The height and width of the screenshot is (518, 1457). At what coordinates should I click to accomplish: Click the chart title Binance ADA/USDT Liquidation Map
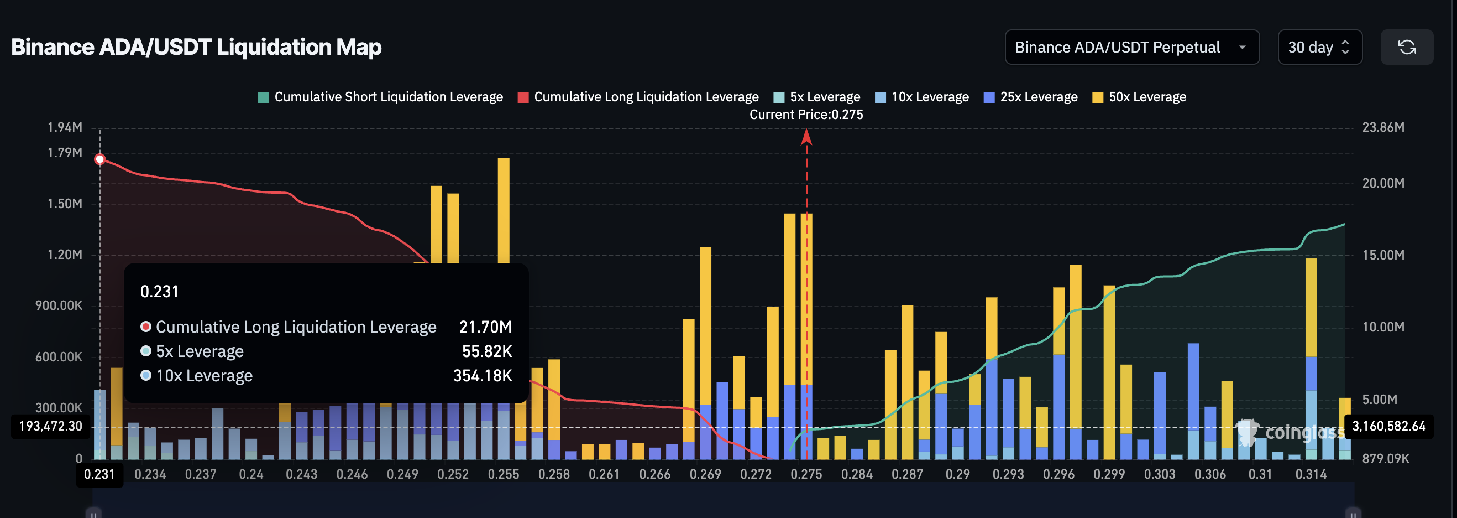click(196, 47)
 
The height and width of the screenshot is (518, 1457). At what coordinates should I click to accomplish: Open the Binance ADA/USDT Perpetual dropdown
click(1131, 47)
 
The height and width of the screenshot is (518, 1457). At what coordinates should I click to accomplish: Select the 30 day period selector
click(1319, 47)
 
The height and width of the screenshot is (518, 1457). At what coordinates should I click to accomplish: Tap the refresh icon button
click(1406, 47)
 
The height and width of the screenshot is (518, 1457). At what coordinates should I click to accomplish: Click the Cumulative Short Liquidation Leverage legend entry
click(380, 97)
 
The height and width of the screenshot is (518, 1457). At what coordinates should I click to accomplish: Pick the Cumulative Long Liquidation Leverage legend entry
click(638, 97)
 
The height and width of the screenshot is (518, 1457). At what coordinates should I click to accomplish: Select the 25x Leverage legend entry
click(1030, 97)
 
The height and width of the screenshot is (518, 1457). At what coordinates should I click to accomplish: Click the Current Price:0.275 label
click(806, 115)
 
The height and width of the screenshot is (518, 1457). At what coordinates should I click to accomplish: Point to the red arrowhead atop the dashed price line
click(806, 137)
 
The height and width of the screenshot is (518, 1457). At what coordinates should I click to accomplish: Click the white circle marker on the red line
click(100, 159)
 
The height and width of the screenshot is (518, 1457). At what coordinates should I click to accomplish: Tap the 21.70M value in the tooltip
click(485, 327)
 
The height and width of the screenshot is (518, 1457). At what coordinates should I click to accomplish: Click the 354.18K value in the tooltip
click(483, 376)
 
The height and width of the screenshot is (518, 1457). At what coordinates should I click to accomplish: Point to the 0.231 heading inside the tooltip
click(160, 292)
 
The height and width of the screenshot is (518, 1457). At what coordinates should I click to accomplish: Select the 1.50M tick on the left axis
click(65, 204)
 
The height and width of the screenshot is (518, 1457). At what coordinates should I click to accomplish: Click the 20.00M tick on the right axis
click(1382, 183)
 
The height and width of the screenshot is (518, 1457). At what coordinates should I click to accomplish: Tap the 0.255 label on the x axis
click(503, 474)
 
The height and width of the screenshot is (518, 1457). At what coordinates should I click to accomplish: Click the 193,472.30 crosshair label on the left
click(51, 426)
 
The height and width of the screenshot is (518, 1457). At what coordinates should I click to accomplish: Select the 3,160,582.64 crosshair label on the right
click(1388, 426)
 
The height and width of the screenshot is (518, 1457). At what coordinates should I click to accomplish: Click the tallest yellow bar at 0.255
click(504, 209)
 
